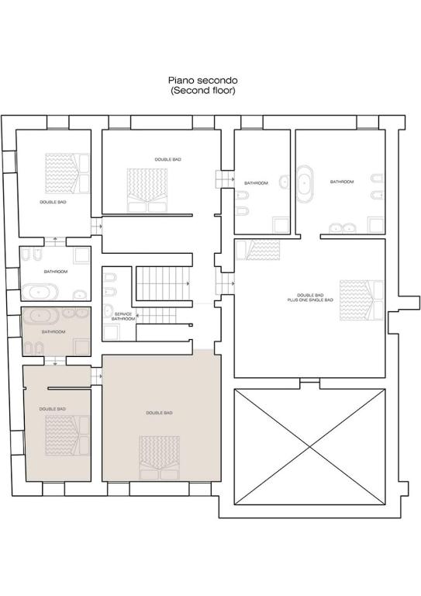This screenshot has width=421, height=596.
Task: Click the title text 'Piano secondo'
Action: (x=202, y=80)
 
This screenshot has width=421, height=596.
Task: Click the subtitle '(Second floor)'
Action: (x=202, y=91)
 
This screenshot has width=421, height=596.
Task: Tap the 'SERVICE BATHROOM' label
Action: (x=123, y=317)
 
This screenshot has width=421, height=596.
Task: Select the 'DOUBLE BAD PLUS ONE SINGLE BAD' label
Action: (x=310, y=297)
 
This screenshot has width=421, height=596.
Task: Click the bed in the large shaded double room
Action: (x=159, y=457)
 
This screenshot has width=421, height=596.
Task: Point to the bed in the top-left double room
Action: (x=67, y=173)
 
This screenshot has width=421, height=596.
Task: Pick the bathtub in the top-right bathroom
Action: (x=305, y=184)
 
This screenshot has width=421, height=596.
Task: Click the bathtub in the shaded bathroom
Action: (x=41, y=316)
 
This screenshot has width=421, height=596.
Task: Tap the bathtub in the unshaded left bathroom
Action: (x=40, y=293)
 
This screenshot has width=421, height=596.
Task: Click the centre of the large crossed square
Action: (x=310, y=447)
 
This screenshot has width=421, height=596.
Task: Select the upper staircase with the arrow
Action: (x=164, y=283)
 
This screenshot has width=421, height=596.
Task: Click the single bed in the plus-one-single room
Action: (x=258, y=250)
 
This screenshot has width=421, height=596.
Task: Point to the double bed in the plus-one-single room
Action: (x=361, y=300)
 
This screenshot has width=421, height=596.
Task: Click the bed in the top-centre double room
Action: (x=147, y=190)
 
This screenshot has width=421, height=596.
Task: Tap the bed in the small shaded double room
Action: (x=67, y=435)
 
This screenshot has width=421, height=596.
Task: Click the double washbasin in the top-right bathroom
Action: (x=343, y=228)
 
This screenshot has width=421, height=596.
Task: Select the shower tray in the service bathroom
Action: (x=111, y=331)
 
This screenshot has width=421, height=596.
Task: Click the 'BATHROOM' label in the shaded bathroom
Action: (x=53, y=332)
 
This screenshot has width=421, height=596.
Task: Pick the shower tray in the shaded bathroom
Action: (x=81, y=347)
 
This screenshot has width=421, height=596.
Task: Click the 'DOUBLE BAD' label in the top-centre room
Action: (x=167, y=159)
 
